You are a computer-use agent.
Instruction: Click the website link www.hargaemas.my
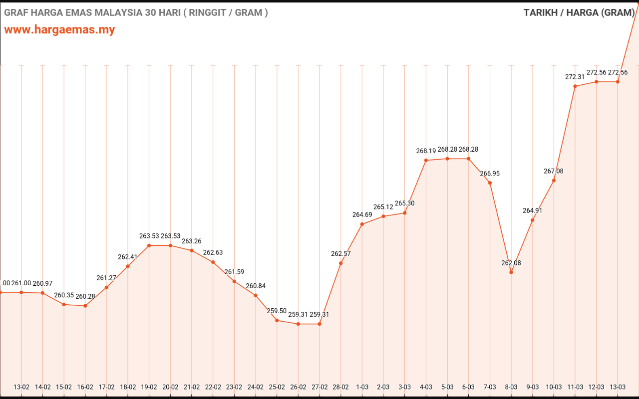[59, 29]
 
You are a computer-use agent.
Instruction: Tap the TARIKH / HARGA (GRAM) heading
[579, 13]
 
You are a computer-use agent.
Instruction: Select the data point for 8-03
[511, 272]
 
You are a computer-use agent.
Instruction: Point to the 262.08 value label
[511, 263]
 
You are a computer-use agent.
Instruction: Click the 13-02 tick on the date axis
[21, 387]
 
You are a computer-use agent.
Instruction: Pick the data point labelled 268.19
[426, 160]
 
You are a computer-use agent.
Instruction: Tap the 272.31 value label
[575, 77]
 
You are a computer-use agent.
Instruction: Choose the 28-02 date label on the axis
[341, 387]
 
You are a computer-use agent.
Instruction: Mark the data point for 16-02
[85, 306]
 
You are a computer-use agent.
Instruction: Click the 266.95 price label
[490, 174]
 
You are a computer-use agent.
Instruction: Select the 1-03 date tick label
[362, 387]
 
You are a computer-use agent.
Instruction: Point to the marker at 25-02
[277, 320]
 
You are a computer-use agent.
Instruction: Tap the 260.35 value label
[64, 295]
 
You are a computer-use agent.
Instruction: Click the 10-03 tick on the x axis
[554, 387]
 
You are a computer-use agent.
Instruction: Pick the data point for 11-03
[575, 86]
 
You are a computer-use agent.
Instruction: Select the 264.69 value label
[362, 214]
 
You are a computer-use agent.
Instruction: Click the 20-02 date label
[170, 387]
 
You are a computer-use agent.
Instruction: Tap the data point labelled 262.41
[128, 266]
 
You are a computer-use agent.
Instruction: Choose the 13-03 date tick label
[618, 387]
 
